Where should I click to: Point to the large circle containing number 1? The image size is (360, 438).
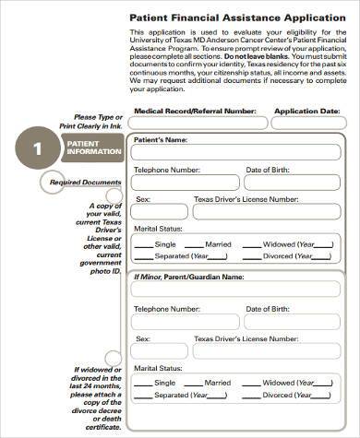[x=38, y=150]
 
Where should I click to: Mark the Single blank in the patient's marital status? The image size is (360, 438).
[x=144, y=246]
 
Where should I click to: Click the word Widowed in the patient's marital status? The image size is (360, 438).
[x=281, y=244]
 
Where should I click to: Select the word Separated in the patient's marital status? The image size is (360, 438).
[x=174, y=257]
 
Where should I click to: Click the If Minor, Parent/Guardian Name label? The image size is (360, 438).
[x=189, y=276]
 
